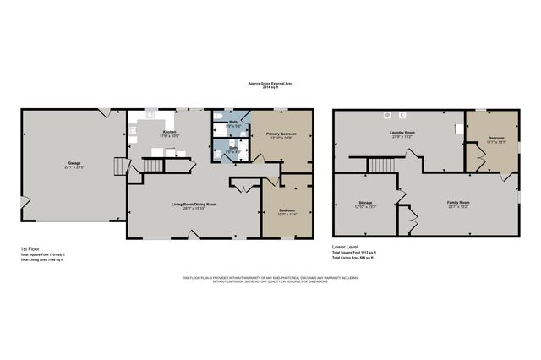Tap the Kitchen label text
pyautogui.click(x=169, y=132)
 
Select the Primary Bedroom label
pyautogui.click(x=281, y=134)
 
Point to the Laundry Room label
pyautogui.click(x=401, y=132)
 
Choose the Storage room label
pyautogui.click(x=365, y=203)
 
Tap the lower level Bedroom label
pyautogui.click(x=495, y=138)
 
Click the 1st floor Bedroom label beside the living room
pyautogui.click(x=287, y=210)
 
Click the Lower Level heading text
pyautogui.click(x=345, y=248)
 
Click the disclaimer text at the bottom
pyautogui.click(x=270, y=280)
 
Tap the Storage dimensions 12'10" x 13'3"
pyautogui.click(x=365, y=208)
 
